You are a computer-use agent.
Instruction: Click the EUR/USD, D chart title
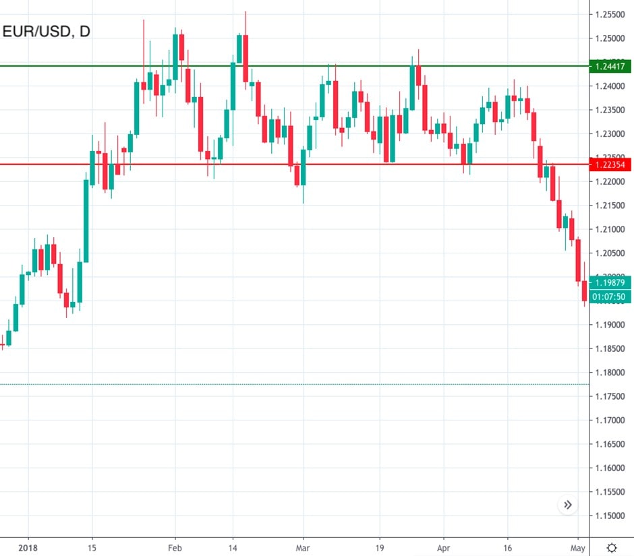(x=47, y=32)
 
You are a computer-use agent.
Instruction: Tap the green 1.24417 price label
(x=610, y=66)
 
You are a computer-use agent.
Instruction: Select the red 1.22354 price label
(x=610, y=164)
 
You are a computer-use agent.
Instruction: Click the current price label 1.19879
(x=610, y=283)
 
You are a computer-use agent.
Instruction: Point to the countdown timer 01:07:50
(x=610, y=297)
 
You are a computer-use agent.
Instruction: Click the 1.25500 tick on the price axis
(x=610, y=14)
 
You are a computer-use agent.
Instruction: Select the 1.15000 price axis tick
(x=610, y=516)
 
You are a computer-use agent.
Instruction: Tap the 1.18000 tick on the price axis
(x=610, y=373)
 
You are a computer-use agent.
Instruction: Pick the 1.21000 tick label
(x=610, y=230)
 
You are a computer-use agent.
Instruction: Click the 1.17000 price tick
(x=610, y=421)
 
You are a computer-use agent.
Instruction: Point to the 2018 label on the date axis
(x=28, y=548)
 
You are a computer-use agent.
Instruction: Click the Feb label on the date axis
(x=175, y=548)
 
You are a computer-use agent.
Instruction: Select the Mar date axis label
(x=303, y=548)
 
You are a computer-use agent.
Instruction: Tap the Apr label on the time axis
(x=443, y=548)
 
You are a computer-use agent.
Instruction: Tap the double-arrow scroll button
(x=568, y=505)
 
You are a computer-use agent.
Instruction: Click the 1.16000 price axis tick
(x=610, y=468)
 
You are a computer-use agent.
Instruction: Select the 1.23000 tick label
(x=610, y=134)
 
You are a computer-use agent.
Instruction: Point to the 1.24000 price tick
(x=610, y=86)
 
